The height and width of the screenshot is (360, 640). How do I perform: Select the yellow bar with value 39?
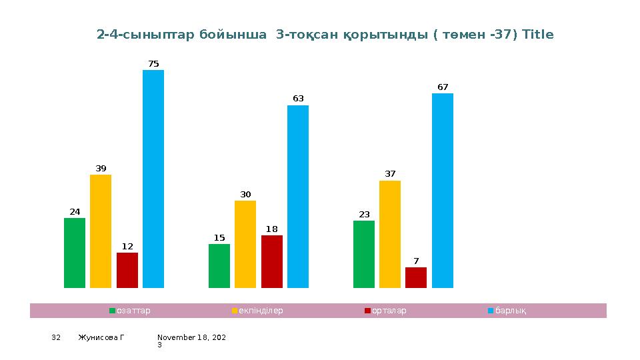pyautogui.click(x=101, y=231)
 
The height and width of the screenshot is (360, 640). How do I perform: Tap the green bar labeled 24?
pyautogui.click(x=75, y=253)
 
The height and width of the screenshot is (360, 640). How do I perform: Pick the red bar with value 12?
pyautogui.click(x=127, y=270)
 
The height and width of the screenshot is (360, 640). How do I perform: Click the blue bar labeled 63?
pyautogui.click(x=298, y=197)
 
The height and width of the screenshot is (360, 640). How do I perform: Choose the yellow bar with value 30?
pyautogui.click(x=245, y=244)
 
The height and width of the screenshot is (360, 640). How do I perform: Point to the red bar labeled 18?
pyautogui.click(x=272, y=261)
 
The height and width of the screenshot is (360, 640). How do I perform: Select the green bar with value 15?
pyautogui.click(x=219, y=266)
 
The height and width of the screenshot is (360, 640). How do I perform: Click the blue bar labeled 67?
pyautogui.click(x=443, y=191)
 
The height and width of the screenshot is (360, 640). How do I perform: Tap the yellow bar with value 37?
pyautogui.click(x=390, y=234)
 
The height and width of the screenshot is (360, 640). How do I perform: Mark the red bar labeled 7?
pyautogui.click(x=416, y=277)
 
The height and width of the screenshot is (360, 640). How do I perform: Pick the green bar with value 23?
pyautogui.click(x=364, y=254)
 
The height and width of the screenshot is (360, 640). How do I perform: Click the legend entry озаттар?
pyautogui.click(x=133, y=311)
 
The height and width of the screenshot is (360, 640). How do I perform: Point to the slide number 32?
pyautogui.click(x=56, y=338)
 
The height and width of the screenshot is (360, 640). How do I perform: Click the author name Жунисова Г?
pyautogui.click(x=101, y=338)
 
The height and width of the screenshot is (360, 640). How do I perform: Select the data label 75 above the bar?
pyautogui.click(x=153, y=64)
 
